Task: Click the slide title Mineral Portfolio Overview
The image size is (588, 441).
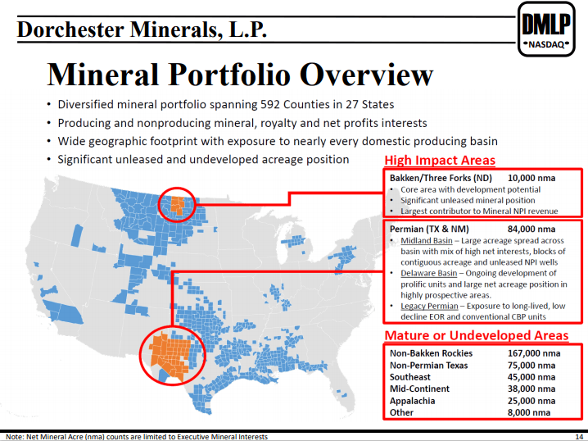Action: point(239,75)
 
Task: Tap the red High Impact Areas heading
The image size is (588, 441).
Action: point(440,161)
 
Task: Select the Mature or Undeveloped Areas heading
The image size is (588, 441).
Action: point(476,335)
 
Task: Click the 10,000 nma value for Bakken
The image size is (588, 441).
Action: point(531,178)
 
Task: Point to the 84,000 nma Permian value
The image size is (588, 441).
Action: point(531,229)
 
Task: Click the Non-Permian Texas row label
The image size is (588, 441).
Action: point(429,366)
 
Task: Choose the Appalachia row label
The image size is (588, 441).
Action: point(412,401)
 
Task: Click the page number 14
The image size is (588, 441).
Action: point(578,437)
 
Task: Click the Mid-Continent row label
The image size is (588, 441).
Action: point(419,389)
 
